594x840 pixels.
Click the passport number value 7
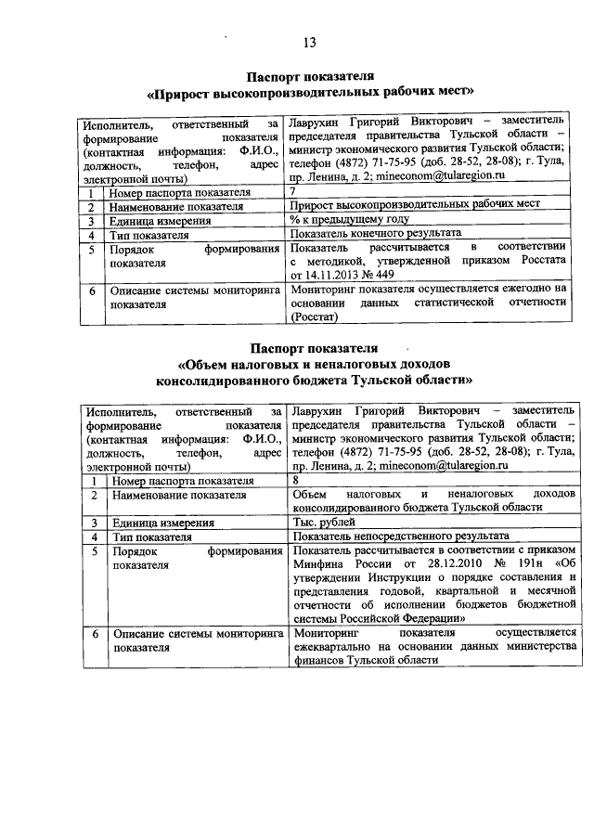point(294,191)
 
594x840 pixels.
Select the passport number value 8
point(295,480)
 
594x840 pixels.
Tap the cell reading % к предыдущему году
point(349,220)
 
